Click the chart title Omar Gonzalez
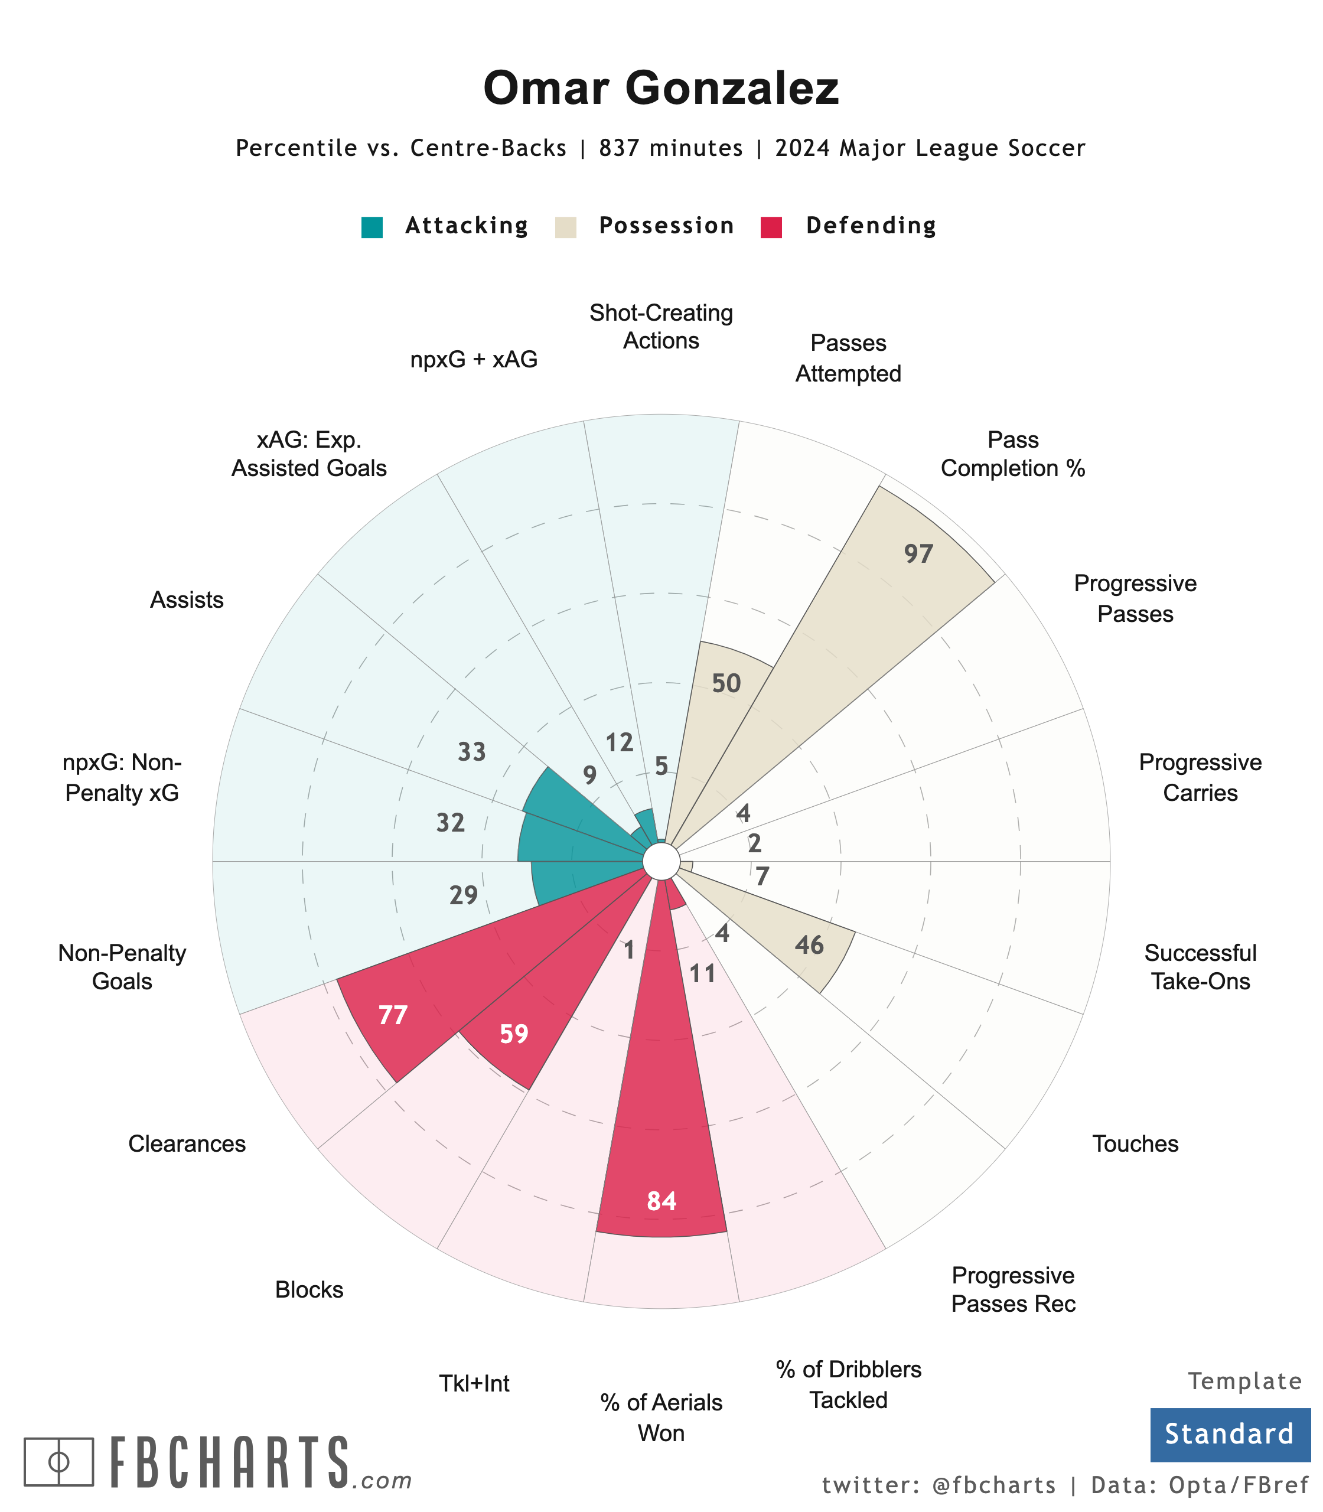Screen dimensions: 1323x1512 pyautogui.click(x=661, y=89)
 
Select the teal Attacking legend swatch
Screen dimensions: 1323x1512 pyautogui.click(x=372, y=227)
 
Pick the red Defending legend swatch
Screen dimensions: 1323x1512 pyautogui.click(x=771, y=227)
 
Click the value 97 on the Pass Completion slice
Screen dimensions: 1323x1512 pyautogui.click(x=919, y=554)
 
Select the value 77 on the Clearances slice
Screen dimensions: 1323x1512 pyautogui.click(x=393, y=1015)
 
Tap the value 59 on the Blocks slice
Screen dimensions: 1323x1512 pyautogui.click(x=514, y=1034)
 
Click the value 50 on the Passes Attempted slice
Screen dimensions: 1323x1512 pyautogui.click(x=726, y=684)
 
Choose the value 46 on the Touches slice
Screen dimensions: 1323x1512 pyautogui.click(x=810, y=945)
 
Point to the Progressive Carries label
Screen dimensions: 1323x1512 pyautogui.click(x=1200, y=777)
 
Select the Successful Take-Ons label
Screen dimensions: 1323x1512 pyautogui.click(x=1200, y=967)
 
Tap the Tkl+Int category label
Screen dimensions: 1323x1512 pyautogui.click(x=474, y=1383)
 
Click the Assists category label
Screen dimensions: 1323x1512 pyautogui.click(x=187, y=599)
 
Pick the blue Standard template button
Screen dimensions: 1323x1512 pyautogui.click(x=1230, y=1435)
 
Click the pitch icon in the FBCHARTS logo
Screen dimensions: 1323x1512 pyautogui.click(x=59, y=1461)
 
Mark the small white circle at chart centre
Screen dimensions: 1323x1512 pyautogui.click(x=661, y=861)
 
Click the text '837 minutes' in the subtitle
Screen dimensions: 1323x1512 pyautogui.click(x=671, y=148)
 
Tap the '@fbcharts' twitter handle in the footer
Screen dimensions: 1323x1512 pyautogui.click(x=995, y=1485)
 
